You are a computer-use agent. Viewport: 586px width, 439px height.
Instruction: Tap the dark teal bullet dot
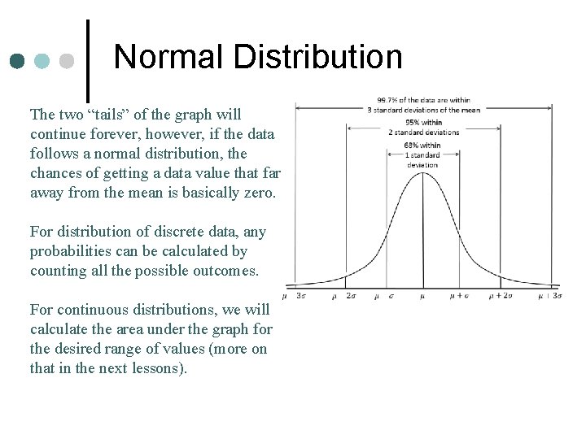[17, 62]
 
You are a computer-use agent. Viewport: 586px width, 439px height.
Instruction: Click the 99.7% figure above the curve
[387, 101]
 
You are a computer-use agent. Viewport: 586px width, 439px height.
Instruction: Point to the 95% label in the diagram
[412, 124]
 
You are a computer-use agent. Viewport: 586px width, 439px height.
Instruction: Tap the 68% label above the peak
[412, 146]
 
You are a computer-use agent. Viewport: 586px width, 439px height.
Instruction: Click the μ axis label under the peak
[422, 297]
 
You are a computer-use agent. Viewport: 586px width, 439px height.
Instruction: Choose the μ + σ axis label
[460, 297]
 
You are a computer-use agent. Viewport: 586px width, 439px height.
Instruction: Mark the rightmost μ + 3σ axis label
[549, 297]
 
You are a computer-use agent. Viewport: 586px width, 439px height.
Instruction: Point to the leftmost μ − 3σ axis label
[295, 297]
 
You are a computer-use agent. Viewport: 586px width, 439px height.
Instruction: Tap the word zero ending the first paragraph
[257, 193]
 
